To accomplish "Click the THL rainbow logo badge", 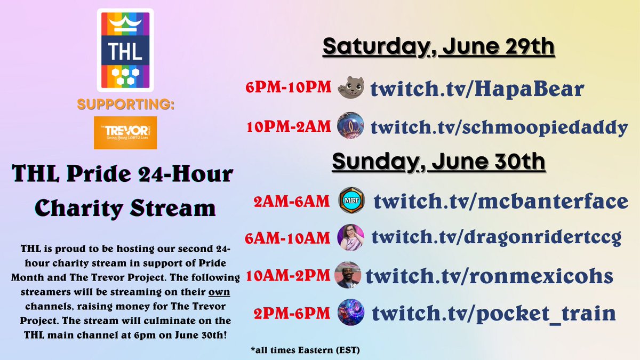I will [x=125, y=50].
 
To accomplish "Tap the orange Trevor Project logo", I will [x=125, y=132].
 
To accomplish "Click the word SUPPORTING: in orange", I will [x=125, y=105].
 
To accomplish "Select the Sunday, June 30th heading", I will [x=438, y=159].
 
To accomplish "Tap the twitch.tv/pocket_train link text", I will [x=494, y=313].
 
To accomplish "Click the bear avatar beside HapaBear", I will [x=351, y=88].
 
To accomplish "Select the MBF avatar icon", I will [x=352, y=203].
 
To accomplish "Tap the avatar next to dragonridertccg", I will [x=351, y=237].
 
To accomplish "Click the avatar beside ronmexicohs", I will [x=349, y=276].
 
